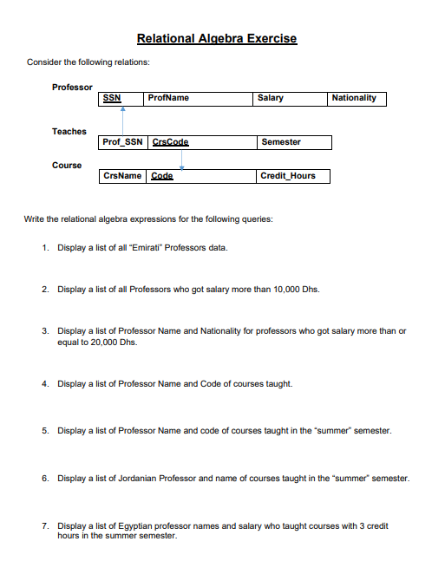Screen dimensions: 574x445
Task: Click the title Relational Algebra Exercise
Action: pos(217,38)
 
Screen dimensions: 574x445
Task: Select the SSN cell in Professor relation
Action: pos(112,98)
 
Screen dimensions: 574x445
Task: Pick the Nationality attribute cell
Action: pos(354,98)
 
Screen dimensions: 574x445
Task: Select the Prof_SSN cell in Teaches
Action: pos(122,141)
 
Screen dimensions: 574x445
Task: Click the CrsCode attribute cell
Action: pos(170,141)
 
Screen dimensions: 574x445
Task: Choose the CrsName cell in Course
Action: pos(122,176)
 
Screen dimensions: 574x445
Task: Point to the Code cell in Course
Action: pos(162,176)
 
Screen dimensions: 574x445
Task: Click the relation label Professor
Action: pos(72,87)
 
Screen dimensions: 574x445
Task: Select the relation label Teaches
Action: pos(69,131)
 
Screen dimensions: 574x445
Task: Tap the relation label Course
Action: pos(67,165)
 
